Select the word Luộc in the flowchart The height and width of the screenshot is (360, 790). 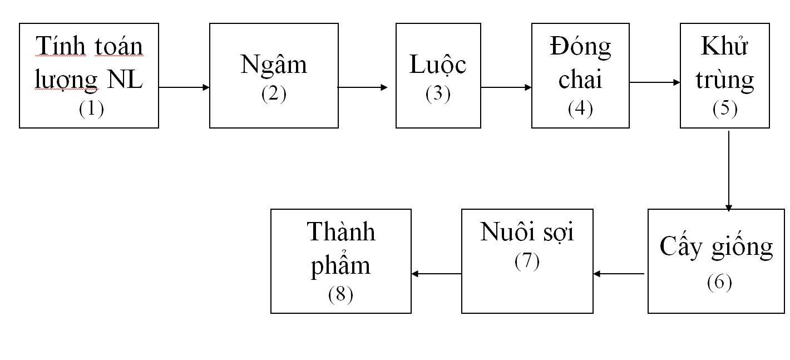(x=438, y=65)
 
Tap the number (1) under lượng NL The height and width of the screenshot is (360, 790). (x=91, y=109)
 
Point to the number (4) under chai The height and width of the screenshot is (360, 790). (x=580, y=109)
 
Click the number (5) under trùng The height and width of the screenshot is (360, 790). (x=725, y=109)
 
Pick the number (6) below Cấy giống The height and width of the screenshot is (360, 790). (x=719, y=282)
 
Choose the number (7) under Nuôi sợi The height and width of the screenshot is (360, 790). (x=527, y=262)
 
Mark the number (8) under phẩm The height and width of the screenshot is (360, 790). (x=340, y=294)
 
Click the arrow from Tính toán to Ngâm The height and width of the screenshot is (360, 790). (x=184, y=87)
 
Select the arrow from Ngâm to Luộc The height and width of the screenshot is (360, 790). (x=363, y=87)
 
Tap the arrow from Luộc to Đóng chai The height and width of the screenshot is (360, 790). (x=506, y=87)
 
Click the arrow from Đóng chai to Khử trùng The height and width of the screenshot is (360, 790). (x=655, y=82)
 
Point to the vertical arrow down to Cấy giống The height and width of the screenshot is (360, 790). (x=729, y=171)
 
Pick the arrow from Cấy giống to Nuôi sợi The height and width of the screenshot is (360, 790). (x=619, y=274)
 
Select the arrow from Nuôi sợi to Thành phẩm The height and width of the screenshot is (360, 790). (x=437, y=274)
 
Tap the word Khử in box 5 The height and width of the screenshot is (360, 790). (x=724, y=46)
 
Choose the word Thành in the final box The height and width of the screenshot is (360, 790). (x=340, y=232)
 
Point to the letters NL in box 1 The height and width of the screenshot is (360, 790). (x=125, y=80)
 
